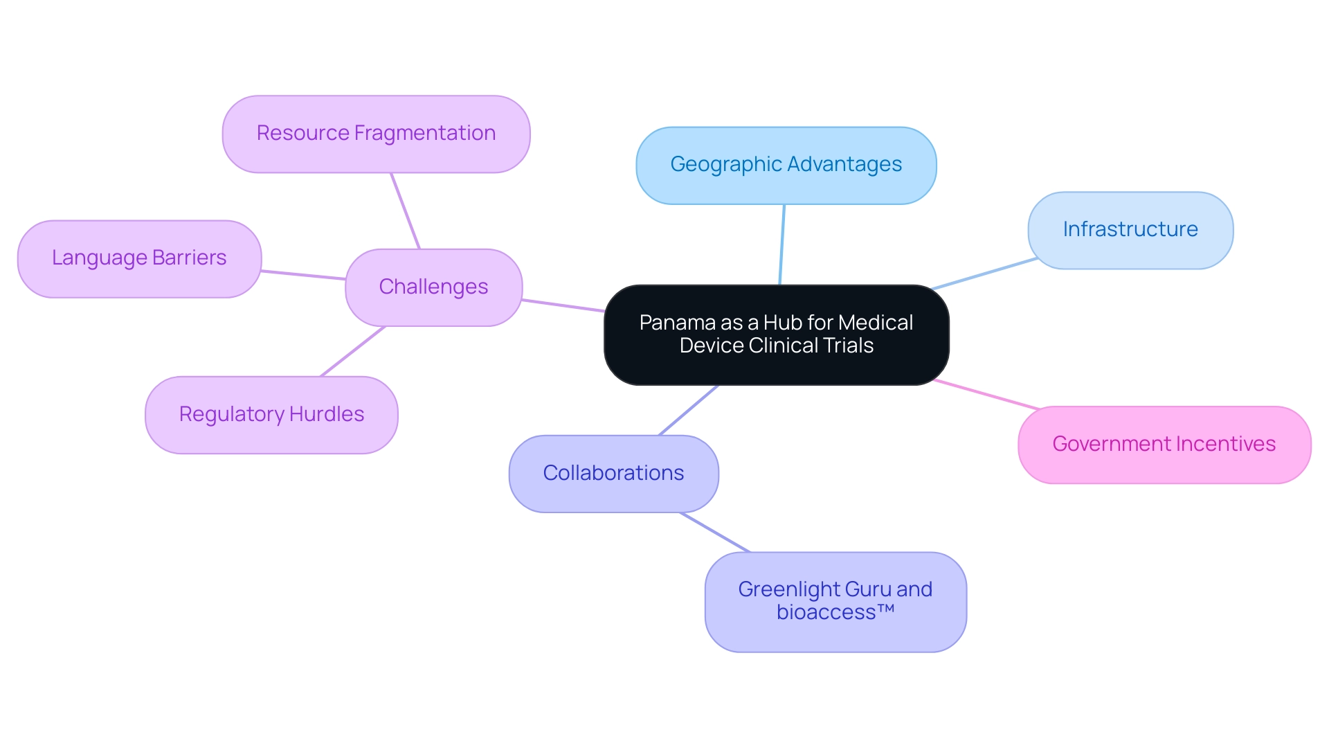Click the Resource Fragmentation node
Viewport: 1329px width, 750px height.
(x=376, y=134)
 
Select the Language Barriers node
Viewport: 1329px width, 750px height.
(x=139, y=258)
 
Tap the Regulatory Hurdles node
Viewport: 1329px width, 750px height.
(x=271, y=415)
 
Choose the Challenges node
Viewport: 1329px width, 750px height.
(x=433, y=287)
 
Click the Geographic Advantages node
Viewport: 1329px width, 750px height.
(x=786, y=165)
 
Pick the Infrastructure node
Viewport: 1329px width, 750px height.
(x=1130, y=230)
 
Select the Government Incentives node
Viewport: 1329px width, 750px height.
(x=1164, y=445)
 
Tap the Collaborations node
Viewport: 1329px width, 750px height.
(x=613, y=474)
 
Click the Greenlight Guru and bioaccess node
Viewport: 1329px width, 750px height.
(x=835, y=601)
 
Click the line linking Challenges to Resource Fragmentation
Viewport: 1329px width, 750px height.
(x=406, y=211)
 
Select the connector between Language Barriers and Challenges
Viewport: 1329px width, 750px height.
(x=303, y=275)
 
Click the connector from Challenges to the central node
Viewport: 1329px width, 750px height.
(x=563, y=305)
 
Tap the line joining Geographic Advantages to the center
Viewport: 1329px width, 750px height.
(x=782, y=244)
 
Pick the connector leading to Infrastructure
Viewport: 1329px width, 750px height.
(x=984, y=274)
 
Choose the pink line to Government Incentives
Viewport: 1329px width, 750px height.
(x=986, y=394)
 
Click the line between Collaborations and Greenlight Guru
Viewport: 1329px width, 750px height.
(x=715, y=532)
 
